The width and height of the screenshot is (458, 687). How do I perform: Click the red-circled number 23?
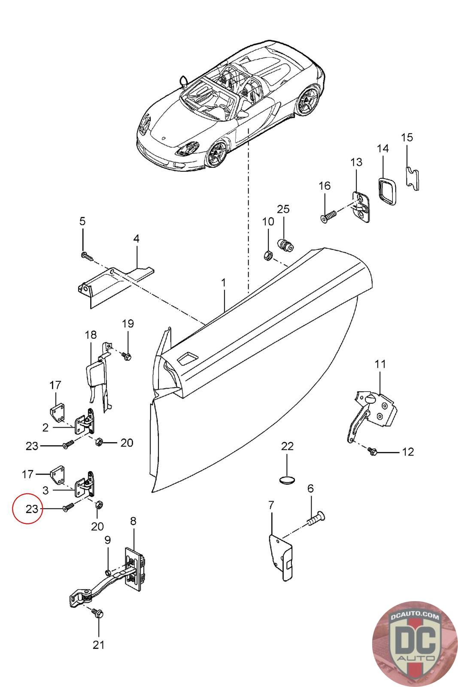coord(32,509)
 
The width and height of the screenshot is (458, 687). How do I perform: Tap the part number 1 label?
coord(223,283)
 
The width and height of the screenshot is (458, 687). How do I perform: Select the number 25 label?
coord(283,209)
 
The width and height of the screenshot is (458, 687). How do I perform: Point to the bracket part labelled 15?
coord(413,178)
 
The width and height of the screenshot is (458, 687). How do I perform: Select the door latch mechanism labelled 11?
coord(372,412)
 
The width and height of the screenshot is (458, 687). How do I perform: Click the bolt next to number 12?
coord(372,451)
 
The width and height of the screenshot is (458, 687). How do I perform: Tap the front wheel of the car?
coord(216,154)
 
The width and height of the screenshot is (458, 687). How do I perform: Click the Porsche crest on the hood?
coord(164,138)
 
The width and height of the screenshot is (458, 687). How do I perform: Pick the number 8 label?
coord(133,521)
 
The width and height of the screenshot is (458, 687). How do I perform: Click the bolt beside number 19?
coord(127,356)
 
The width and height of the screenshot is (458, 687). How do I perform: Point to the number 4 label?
coord(136,238)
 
